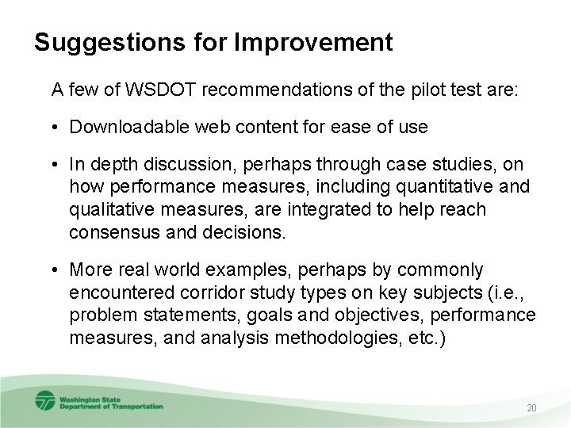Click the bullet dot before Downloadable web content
click(57, 127)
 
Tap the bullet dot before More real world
click(57, 271)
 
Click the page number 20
click(532, 408)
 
